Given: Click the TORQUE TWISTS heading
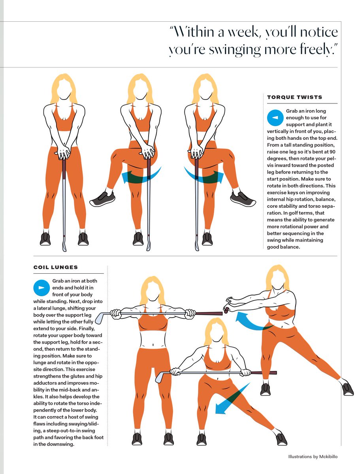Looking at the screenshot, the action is (x=294, y=97).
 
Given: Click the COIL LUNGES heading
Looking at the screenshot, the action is (x=55, y=267).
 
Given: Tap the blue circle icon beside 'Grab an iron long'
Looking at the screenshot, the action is (x=275, y=118).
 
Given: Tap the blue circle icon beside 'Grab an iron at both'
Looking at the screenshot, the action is (x=41, y=288).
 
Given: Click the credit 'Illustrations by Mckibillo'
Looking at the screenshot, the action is (x=313, y=457).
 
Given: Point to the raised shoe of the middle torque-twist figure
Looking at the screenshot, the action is (x=102, y=199).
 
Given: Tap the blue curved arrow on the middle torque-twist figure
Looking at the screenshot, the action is (x=141, y=176).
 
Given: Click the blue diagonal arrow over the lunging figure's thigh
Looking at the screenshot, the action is (x=232, y=399).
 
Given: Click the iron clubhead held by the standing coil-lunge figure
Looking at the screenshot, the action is (x=100, y=318).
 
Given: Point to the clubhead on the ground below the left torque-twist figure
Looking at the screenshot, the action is (x=64, y=246).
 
